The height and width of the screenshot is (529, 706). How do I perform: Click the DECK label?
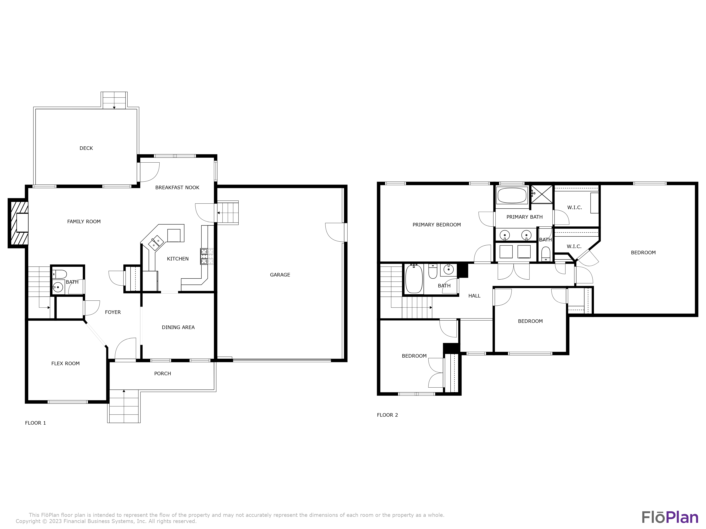86,148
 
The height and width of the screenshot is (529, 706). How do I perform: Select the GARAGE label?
280,275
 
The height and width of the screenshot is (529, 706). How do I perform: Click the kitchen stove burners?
207,256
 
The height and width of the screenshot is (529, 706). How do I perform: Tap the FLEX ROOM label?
65,363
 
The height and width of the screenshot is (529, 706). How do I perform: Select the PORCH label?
162,374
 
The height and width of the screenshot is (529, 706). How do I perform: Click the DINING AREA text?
178,327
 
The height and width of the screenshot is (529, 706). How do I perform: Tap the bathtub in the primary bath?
512,195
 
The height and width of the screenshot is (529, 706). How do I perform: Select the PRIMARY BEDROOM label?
437,225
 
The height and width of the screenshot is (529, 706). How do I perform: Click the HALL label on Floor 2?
474,296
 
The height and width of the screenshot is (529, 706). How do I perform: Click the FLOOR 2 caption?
387,415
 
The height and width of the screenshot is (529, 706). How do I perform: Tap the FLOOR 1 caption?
35,423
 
